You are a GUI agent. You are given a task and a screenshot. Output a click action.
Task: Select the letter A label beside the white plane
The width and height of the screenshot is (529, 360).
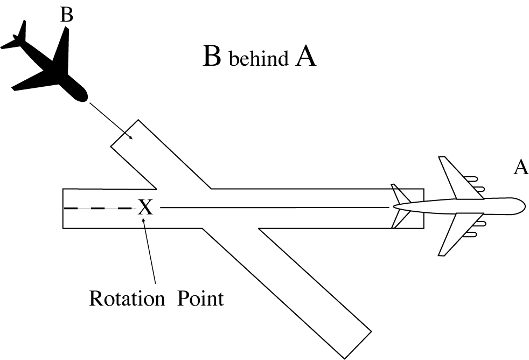pyautogui.click(x=520, y=168)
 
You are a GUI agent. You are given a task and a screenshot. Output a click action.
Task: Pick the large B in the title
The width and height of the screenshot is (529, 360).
pyautogui.click(x=212, y=57)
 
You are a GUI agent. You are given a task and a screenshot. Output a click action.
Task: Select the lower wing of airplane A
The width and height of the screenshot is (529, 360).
pyautogui.click(x=453, y=234)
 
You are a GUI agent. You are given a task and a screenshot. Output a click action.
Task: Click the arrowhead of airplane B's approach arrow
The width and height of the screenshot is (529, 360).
pyautogui.click(x=131, y=138)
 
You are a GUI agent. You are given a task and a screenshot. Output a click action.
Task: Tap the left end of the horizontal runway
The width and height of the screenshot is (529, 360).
pyautogui.click(x=64, y=209)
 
